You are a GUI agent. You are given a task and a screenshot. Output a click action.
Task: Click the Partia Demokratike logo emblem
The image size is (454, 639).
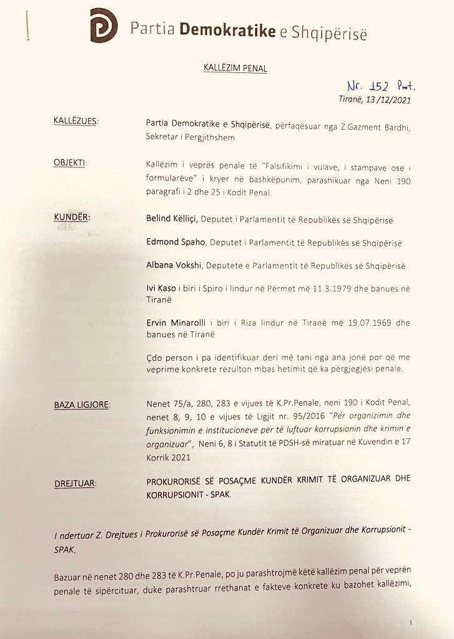pos(104,26)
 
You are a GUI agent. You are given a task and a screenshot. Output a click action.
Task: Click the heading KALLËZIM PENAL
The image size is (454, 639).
pos(235,68)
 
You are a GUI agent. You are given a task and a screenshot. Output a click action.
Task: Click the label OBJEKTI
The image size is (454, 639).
pos(70,163)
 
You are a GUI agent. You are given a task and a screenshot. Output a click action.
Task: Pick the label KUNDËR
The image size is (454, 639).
pos(71,218)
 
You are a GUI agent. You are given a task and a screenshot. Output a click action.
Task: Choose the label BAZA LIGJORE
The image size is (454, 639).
pos(81,406)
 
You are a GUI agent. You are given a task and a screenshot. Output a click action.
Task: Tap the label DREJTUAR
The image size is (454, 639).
pos(76,482)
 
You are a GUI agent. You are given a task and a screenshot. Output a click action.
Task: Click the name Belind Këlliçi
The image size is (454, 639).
pos(171,220)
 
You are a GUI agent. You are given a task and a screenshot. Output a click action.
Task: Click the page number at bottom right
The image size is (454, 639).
pos(412,622)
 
